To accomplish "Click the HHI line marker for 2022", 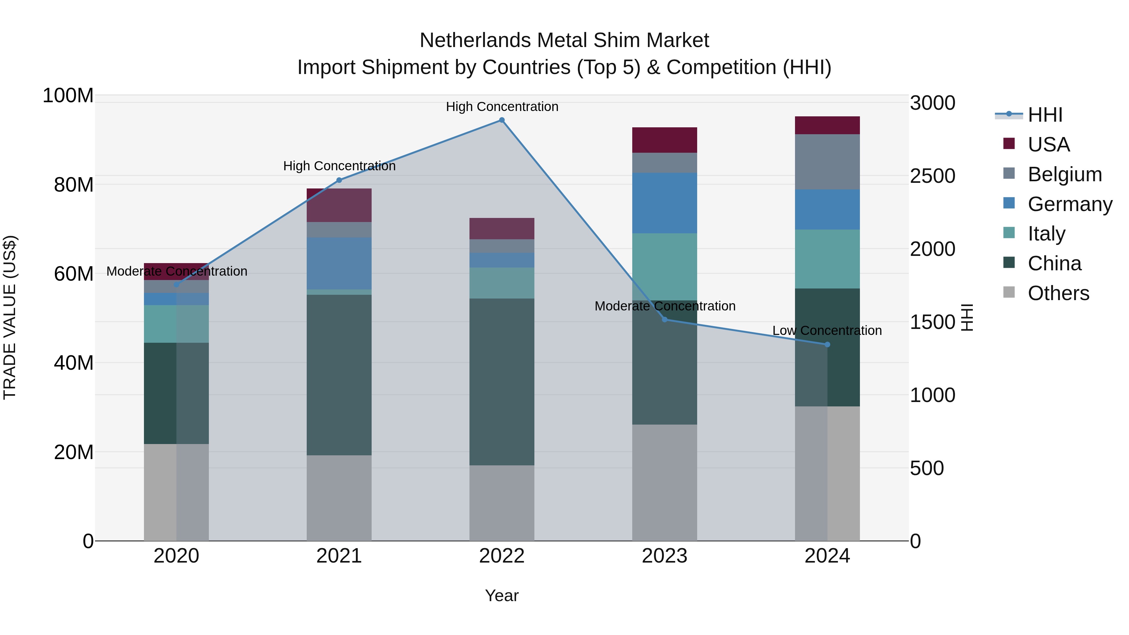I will coord(502,120).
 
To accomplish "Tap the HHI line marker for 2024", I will coord(827,344).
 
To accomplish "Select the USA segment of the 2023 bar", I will coord(665,140).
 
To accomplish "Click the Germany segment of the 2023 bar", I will coord(665,203).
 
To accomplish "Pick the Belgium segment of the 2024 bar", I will coord(827,162).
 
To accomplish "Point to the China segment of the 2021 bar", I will coord(339,375).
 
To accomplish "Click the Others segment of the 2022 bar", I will coord(502,503).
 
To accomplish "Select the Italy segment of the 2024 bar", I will coord(827,259).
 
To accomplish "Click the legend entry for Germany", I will coord(1069,204).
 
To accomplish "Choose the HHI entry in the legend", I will coord(1045,115).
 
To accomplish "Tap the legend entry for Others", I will coord(1058,293).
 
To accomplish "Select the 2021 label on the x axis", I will coord(339,556).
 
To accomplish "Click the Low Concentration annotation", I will coord(827,331).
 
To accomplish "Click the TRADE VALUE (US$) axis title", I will coord(10,317).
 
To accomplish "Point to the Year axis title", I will coord(502,595).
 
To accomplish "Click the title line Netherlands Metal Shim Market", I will coord(564,40).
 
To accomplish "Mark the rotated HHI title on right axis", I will coord(967,317).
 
